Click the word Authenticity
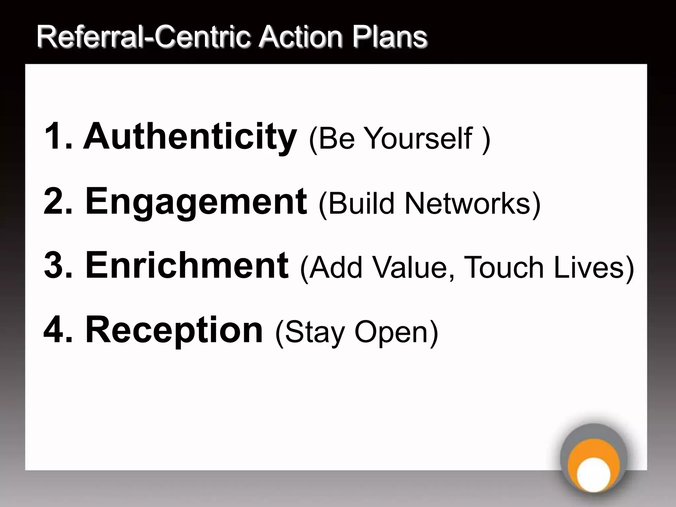[189, 136]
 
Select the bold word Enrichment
[187, 265]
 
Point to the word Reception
[174, 330]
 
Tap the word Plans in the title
[389, 37]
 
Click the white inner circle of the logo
[593, 474]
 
